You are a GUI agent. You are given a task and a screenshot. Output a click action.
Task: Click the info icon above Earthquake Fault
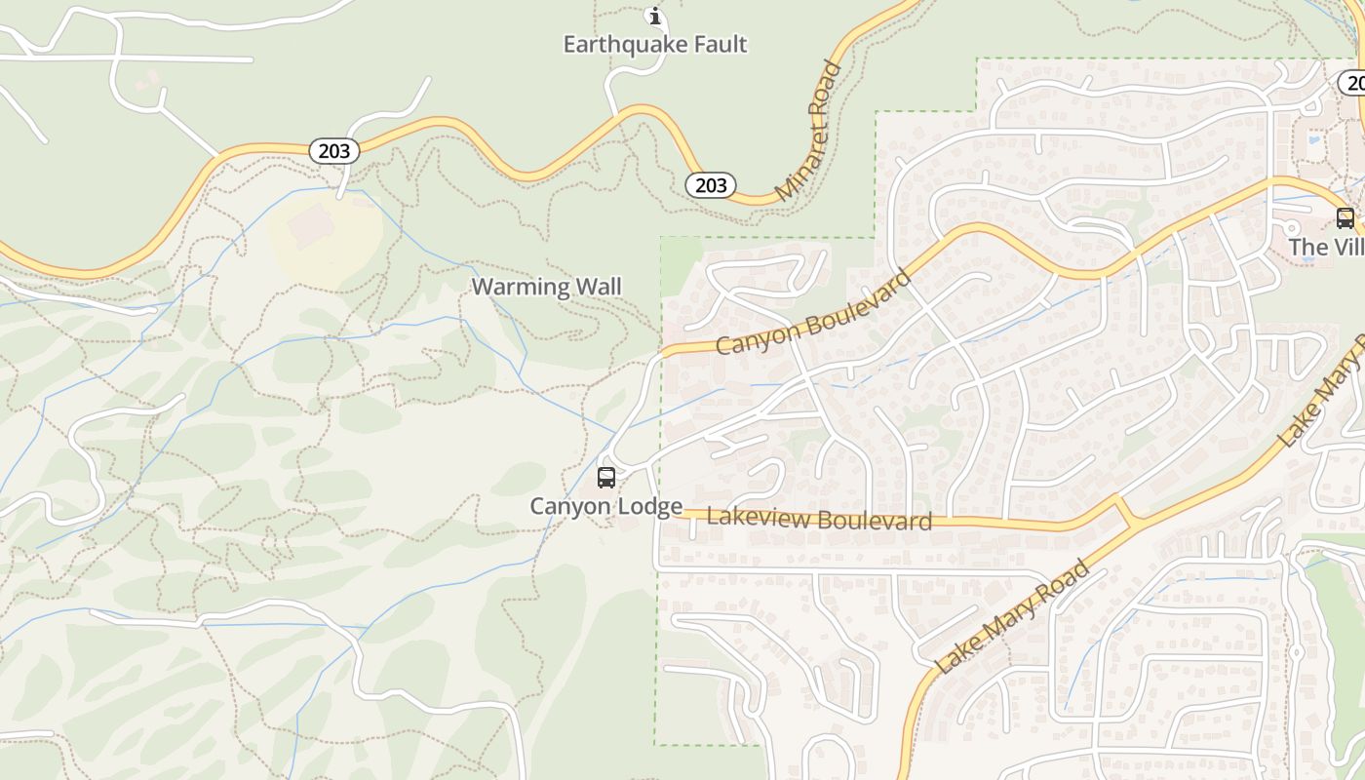point(655,16)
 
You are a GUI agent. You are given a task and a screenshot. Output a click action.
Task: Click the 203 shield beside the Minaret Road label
point(710,185)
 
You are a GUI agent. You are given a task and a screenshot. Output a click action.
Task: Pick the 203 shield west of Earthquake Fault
point(334,151)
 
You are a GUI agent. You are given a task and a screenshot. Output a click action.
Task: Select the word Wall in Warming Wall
point(599,287)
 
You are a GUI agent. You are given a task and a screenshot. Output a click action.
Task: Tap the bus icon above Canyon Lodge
point(605,478)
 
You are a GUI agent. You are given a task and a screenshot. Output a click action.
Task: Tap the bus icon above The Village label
point(1345,218)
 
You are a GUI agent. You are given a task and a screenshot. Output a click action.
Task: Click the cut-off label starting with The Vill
point(1326,248)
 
